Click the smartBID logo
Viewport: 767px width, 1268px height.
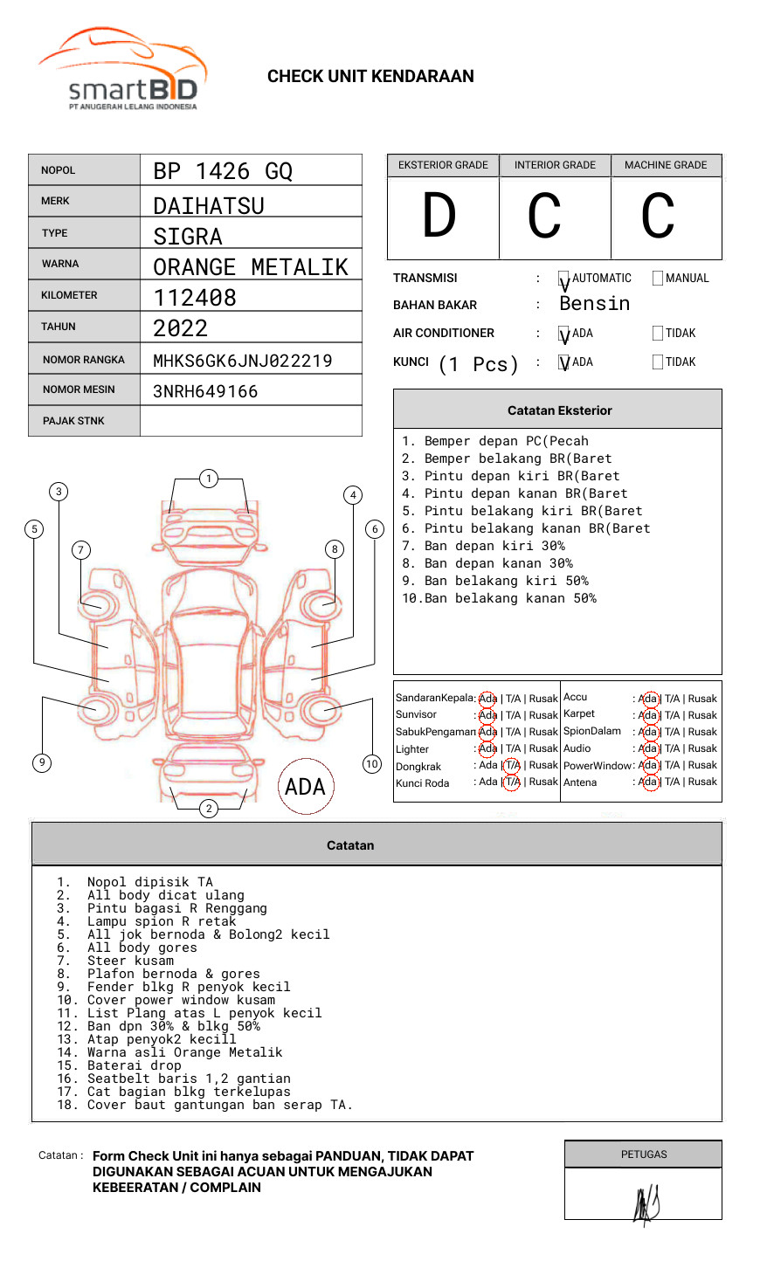pos(122,70)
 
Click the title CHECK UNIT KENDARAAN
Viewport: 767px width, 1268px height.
pos(370,77)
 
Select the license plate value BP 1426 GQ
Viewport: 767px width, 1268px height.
pos(223,171)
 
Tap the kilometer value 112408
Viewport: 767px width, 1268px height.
pos(195,298)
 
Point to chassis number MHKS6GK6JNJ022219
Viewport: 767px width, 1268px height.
pos(243,361)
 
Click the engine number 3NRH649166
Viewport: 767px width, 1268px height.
pos(205,391)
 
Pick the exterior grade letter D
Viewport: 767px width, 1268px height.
pos(439,217)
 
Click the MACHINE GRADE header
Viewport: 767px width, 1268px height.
pos(666,165)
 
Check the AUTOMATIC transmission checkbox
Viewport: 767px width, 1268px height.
pos(564,279)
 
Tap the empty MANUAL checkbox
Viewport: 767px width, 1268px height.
pos(658,279)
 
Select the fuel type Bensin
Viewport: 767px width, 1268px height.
pos(594,304)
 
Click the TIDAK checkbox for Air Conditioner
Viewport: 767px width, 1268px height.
pos(658,334)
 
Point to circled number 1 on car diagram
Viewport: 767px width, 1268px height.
pos(208,478)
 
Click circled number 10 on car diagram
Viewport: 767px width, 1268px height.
pos(372,764)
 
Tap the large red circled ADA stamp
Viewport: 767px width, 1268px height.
pos(305,787)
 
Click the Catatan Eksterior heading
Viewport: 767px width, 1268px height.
pos(559,410)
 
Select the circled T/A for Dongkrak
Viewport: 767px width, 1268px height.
pos(512,765)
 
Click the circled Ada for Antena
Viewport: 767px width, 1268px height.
pos(648,782)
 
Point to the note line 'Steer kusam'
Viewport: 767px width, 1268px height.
pos(130,961)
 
